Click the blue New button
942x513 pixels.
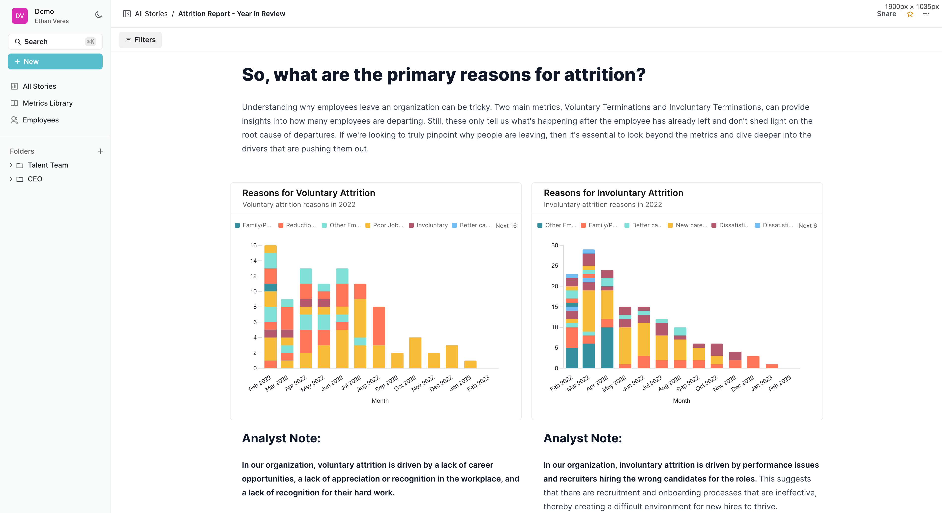tap(55, 61)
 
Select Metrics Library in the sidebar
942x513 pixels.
tap(48, 103)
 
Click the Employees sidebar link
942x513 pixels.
tap(41, 120)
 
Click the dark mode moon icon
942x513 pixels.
tap(98, 15)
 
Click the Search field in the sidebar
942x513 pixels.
tap(55, 42)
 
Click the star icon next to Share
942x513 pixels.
tap(910, 14)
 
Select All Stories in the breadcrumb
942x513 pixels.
tap(151, 14)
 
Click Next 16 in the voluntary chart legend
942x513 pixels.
tap(506, 226)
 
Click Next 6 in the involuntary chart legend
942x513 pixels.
tap(807, 226)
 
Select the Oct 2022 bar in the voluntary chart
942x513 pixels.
tap(415, 353)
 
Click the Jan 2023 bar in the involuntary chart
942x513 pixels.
tap(772, 366)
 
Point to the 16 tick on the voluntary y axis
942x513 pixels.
tap(253, 245)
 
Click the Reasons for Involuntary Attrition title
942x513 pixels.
tap(613, 193)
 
